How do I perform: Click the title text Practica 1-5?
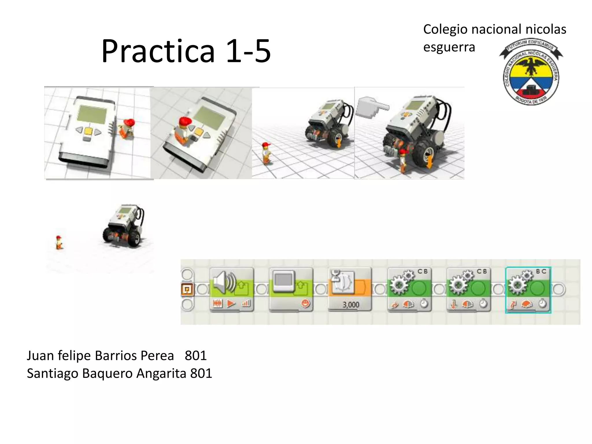click(x=186, y=51)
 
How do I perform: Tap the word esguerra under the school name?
click(x=449, y=47)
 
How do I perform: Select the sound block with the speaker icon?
click(x=232, y=289)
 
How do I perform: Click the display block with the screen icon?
click(x=291, y=289)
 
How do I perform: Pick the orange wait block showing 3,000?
click(x=350, y=289)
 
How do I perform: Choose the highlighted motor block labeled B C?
click(x=528, y=289)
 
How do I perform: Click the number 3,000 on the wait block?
click(x=351, y=305)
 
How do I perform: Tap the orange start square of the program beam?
click(x=187, y=289)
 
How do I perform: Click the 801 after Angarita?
click(x=201, y=373)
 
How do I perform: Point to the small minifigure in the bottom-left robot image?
click(x=59, y=242)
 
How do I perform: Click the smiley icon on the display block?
click(x=305, y=304)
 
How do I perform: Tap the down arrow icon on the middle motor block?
click(x=454, y=304)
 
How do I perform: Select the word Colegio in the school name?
click(x=445, y=29)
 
